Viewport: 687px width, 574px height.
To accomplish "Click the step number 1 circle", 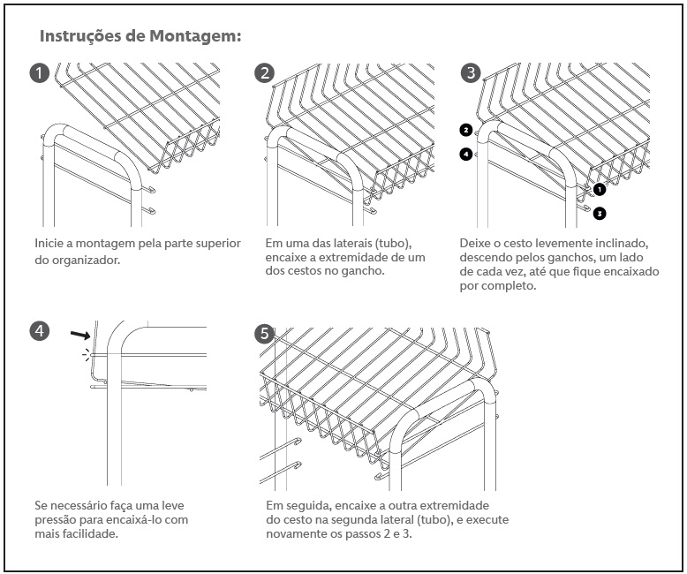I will pos(40,73).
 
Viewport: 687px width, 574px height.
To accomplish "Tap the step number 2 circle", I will pos(264,73).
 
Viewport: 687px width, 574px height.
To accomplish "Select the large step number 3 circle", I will pos(472,73).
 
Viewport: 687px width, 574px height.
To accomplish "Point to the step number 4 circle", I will pos(40,331).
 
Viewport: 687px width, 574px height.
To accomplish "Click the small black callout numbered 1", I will pos(599,189).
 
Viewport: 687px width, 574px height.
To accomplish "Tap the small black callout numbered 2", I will pos(465,130).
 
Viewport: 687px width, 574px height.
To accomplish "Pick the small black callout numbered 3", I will pos(599,213).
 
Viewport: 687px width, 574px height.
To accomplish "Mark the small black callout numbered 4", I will pos(465,154).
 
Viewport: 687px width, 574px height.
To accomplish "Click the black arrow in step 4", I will pos(81,335).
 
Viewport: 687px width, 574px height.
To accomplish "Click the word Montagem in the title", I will pos(193,37).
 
